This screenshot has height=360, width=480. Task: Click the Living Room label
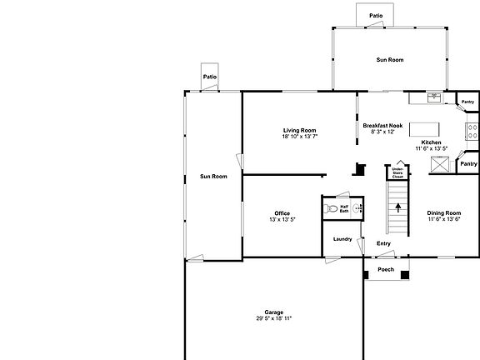tap(299, 130)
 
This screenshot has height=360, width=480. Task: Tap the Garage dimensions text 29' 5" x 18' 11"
tap(273, 318)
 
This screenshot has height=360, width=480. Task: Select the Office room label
tap(282, 212)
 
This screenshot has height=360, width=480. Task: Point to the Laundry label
tap(342, 239)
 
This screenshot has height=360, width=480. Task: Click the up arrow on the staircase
tap(397, 207)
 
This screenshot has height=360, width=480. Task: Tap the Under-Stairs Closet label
tap(397, 173)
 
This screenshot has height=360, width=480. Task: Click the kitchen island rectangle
tap(424, 129)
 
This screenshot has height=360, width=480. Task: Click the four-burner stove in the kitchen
tap(472, 131)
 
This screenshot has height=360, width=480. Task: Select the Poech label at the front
tap(386, 269)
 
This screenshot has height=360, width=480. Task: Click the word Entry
tap(383, 243)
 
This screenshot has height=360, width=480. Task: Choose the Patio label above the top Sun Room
tap(377, 16)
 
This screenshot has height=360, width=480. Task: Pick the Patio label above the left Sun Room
tap(210, 77)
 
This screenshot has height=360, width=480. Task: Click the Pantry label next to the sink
tap(467, 102)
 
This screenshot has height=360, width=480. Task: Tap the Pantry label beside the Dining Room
tap(467, 164)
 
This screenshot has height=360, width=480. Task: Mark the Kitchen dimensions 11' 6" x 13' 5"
tap(432, 148)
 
